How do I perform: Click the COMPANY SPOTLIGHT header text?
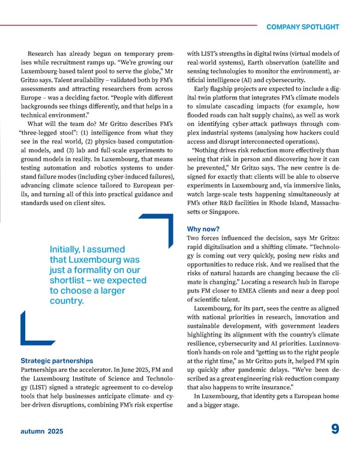(302, 27)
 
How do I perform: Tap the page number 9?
(334, 429)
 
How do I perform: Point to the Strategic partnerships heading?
(57, 361)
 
